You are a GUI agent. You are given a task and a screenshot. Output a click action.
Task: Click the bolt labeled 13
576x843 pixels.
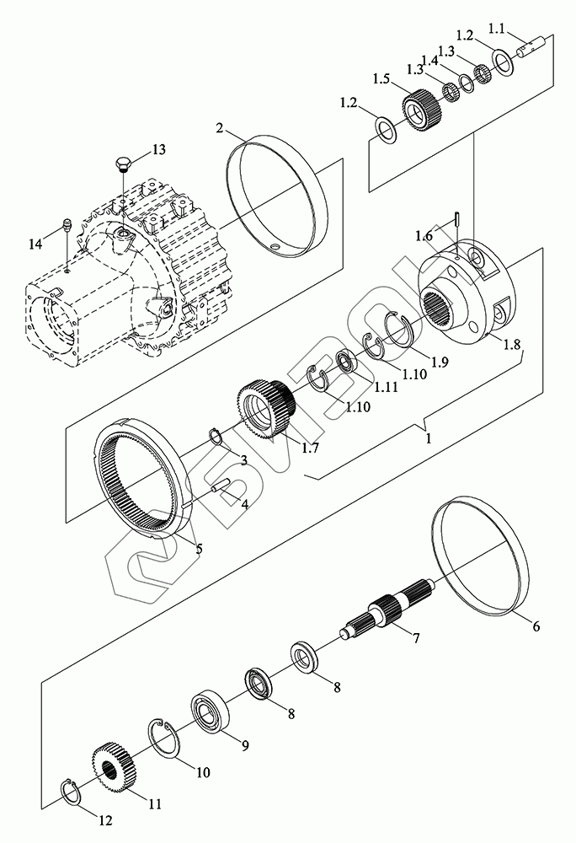coord(122,163)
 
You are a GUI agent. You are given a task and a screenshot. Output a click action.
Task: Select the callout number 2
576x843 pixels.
coord(219,128)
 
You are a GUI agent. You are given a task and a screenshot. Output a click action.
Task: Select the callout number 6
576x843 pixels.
coord(536,626)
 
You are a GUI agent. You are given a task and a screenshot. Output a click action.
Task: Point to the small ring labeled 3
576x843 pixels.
coord(216,436)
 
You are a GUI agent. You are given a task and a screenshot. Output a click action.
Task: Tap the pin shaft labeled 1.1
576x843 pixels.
coord(535,50)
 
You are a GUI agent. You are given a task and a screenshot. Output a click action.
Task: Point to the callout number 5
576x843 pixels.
coord(198,549)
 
